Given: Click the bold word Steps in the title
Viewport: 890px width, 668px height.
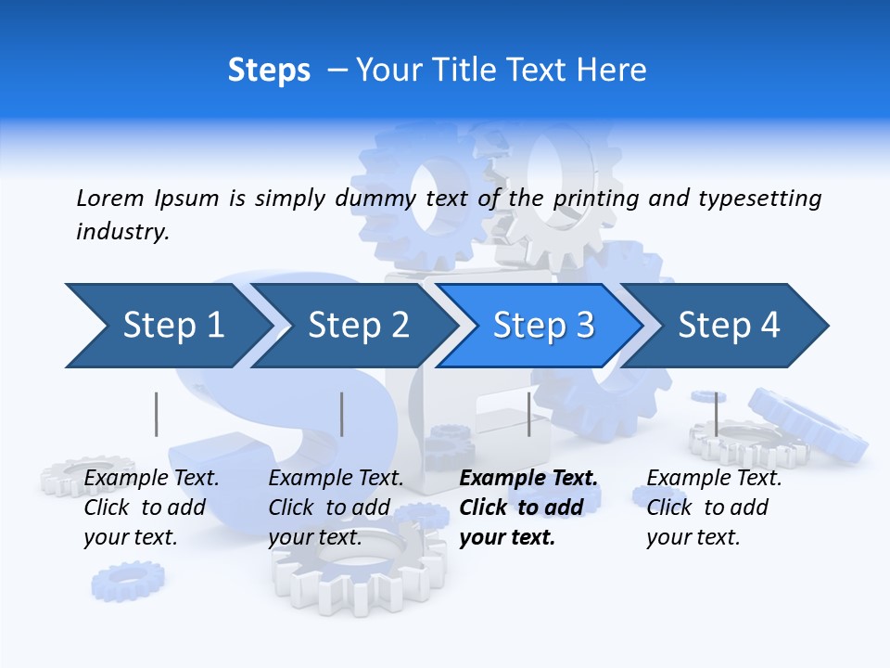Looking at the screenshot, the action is (x=269, y=71).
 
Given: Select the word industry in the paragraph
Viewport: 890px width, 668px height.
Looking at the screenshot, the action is (x=121, y=232).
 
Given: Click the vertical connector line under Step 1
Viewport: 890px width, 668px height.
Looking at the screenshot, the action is (x=157, y=414).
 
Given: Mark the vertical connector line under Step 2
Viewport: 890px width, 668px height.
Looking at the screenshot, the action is (x=342, y=414).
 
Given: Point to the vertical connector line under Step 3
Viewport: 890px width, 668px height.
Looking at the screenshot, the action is (x=528, y=414).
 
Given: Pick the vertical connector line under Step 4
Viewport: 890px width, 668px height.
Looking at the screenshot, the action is (x=716, y=414).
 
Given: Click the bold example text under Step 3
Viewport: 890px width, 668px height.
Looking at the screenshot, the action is (x=527, y=507).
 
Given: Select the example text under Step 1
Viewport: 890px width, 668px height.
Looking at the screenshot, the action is (x=150, y=507).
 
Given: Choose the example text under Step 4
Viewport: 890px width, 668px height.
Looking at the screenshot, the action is (x=713, y=507).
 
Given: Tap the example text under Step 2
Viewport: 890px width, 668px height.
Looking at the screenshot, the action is (x=335, y=507).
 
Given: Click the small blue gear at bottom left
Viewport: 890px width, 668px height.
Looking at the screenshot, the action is (x=127, y=581).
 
